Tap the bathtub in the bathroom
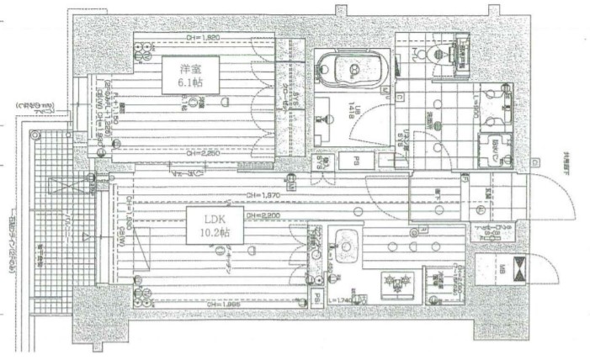point(347,67)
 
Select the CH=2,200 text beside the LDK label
point(266,216)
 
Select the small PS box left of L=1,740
point(315,298)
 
